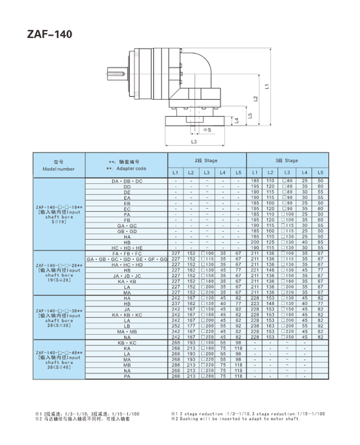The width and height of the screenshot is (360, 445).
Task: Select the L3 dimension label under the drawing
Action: pos(194,142)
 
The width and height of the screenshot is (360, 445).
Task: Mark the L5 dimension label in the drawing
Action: pos(250,115)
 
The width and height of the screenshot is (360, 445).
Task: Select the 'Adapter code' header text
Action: pos(127,169)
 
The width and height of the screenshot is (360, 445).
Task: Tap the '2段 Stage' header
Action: pos(206,160)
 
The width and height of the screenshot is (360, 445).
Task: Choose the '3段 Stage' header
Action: pos(287,160)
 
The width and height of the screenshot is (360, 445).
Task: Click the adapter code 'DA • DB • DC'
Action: pos(127,181)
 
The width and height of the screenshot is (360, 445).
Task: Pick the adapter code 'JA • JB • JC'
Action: pos(127,276)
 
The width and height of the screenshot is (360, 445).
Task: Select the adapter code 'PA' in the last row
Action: pos(127,376)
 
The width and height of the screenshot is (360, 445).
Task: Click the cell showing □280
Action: pos(206,376)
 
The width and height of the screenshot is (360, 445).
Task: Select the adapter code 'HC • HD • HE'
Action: pos(127,248)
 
